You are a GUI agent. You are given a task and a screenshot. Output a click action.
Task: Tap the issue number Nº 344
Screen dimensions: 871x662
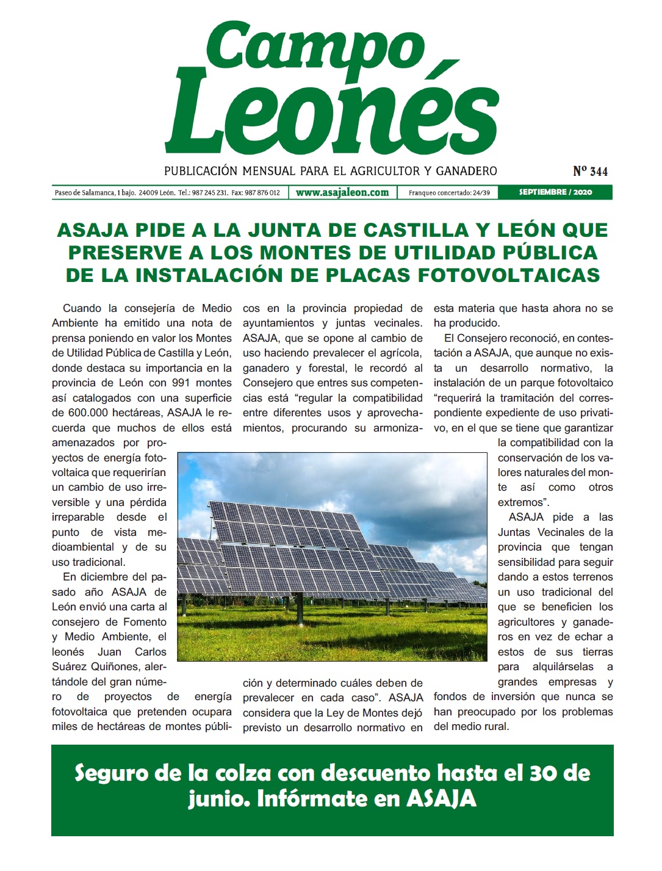click(x=590, y=172)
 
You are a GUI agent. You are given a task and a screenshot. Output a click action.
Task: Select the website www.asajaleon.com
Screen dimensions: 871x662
click(x=342, y=192)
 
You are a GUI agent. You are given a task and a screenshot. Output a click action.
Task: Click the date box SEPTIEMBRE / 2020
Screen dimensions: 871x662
click(x=555, y=192)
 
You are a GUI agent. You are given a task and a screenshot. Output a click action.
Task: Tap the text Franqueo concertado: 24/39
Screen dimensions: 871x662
click(x=449, y=193)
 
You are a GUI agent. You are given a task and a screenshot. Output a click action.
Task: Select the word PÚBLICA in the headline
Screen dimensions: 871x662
click(x=550, y=253)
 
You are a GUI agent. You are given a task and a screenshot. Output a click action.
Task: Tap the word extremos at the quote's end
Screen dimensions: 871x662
click(x=520, y=502)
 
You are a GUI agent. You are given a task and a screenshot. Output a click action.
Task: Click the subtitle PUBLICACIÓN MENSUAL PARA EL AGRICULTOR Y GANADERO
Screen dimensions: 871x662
click(x=330, y=172)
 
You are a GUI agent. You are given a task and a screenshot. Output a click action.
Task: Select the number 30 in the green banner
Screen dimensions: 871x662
click(x=541, y=773)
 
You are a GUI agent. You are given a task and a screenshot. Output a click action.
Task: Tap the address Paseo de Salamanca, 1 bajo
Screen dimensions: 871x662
click(x=95, y=193)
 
